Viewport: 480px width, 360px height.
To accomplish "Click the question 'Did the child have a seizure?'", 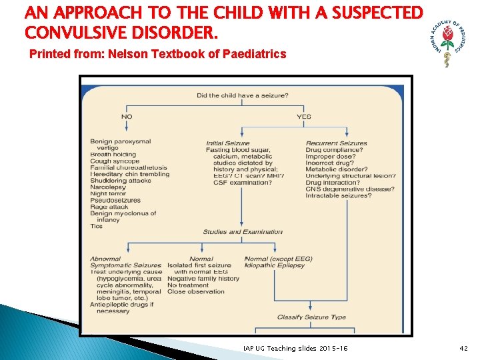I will click(x=242, y=95).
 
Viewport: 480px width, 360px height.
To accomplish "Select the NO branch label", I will click(x=127, y=116).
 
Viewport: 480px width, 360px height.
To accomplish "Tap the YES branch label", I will click(x=303, y=116).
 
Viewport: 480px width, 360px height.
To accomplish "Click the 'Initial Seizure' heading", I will click(x=228, y=143).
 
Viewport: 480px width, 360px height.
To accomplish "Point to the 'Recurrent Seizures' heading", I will click(x=336, y=143).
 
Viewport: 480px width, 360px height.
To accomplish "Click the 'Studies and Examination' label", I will click(x=243, y=232).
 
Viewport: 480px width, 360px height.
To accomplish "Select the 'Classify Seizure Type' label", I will click(x=311, y=317).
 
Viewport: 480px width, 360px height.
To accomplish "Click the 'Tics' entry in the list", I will click(x=97, y=226).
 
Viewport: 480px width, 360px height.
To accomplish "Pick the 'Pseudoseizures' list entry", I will click(x=115, y=200).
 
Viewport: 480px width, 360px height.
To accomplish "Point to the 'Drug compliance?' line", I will click(x=334, y=150).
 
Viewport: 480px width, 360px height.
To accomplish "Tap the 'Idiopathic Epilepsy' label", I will click(x=275, y=265).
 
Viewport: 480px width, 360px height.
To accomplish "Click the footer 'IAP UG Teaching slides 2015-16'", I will click(x=295, y=349).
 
